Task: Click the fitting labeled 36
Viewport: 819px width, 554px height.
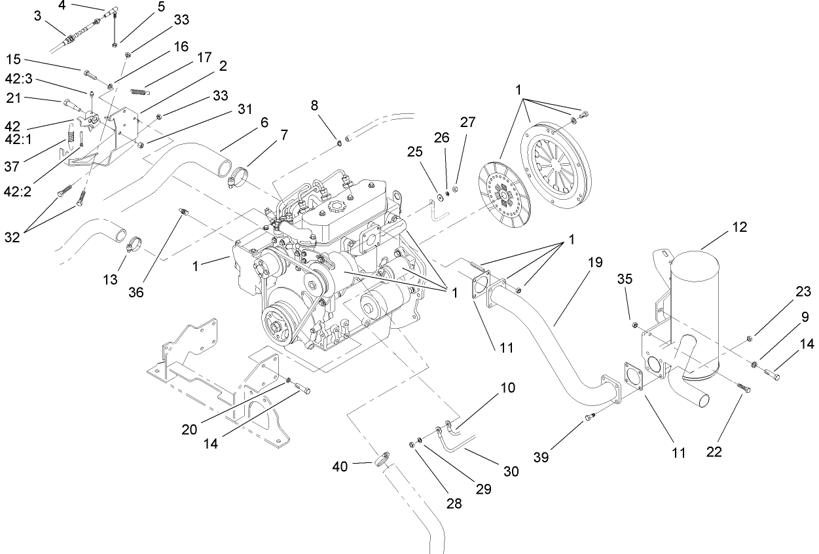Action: coord(184,213)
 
